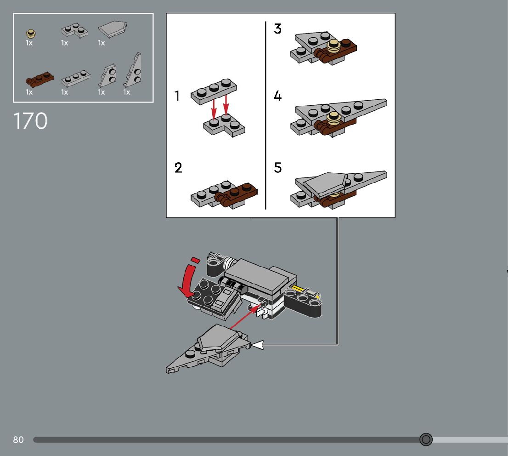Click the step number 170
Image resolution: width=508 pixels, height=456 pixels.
[x=30, y=121]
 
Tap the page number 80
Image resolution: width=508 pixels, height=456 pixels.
[x=18, y=440]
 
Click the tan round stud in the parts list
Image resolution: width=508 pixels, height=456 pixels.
[x=31, y=33]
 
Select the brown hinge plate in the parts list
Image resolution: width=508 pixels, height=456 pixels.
[x=39, y=79]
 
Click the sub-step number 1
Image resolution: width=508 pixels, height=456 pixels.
[x=177, y=96]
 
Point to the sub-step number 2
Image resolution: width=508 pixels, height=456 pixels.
[x=178, y=168]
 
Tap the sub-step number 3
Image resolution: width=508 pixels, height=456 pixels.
[x=277, y=29]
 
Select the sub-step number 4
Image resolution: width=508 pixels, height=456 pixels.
[x=277, y=96]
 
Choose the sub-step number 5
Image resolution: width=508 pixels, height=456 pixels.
[x=278, y=168]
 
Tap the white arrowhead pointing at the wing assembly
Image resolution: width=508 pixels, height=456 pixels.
[x=257, y=344]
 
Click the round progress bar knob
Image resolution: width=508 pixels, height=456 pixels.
[x=426, y=440]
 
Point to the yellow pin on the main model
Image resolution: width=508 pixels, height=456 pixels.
[x=296, y=290]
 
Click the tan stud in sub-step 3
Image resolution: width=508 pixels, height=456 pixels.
[x=334, y=45]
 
